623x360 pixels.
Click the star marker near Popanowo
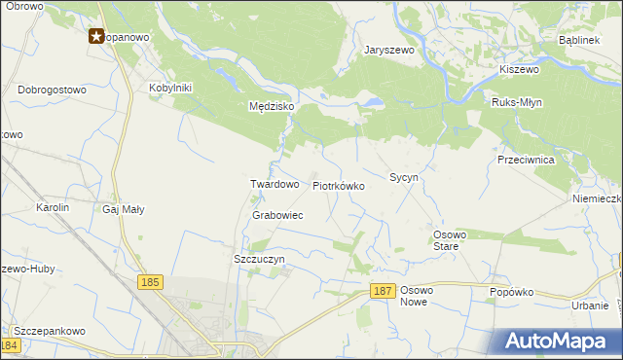(97, 37)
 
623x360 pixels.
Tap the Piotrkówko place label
(339, 185)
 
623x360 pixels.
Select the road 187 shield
(384, 292)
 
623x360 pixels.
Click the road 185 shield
(149, 282)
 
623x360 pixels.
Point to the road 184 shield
(11, 345)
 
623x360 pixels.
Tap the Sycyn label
(404, 178)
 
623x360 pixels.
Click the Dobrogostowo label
(52, 89)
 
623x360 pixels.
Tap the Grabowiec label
(278, 215)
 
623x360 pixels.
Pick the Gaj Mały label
(124, 208)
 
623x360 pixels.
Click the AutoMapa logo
(559, 342)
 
